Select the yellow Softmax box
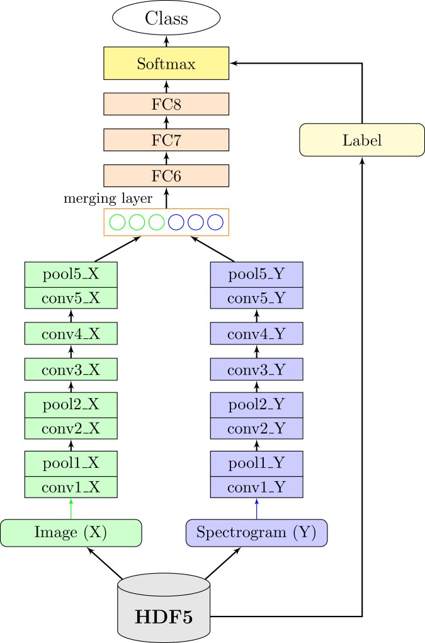166,64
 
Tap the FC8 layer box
166,105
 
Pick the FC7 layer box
166,140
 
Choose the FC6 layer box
166,176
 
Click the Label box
362,140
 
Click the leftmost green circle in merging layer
117,222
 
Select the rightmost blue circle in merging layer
215,222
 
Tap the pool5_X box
71,274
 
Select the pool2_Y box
256,402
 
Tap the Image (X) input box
71,532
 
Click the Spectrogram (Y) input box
256,532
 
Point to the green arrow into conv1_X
71,508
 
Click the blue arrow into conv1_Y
256,508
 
